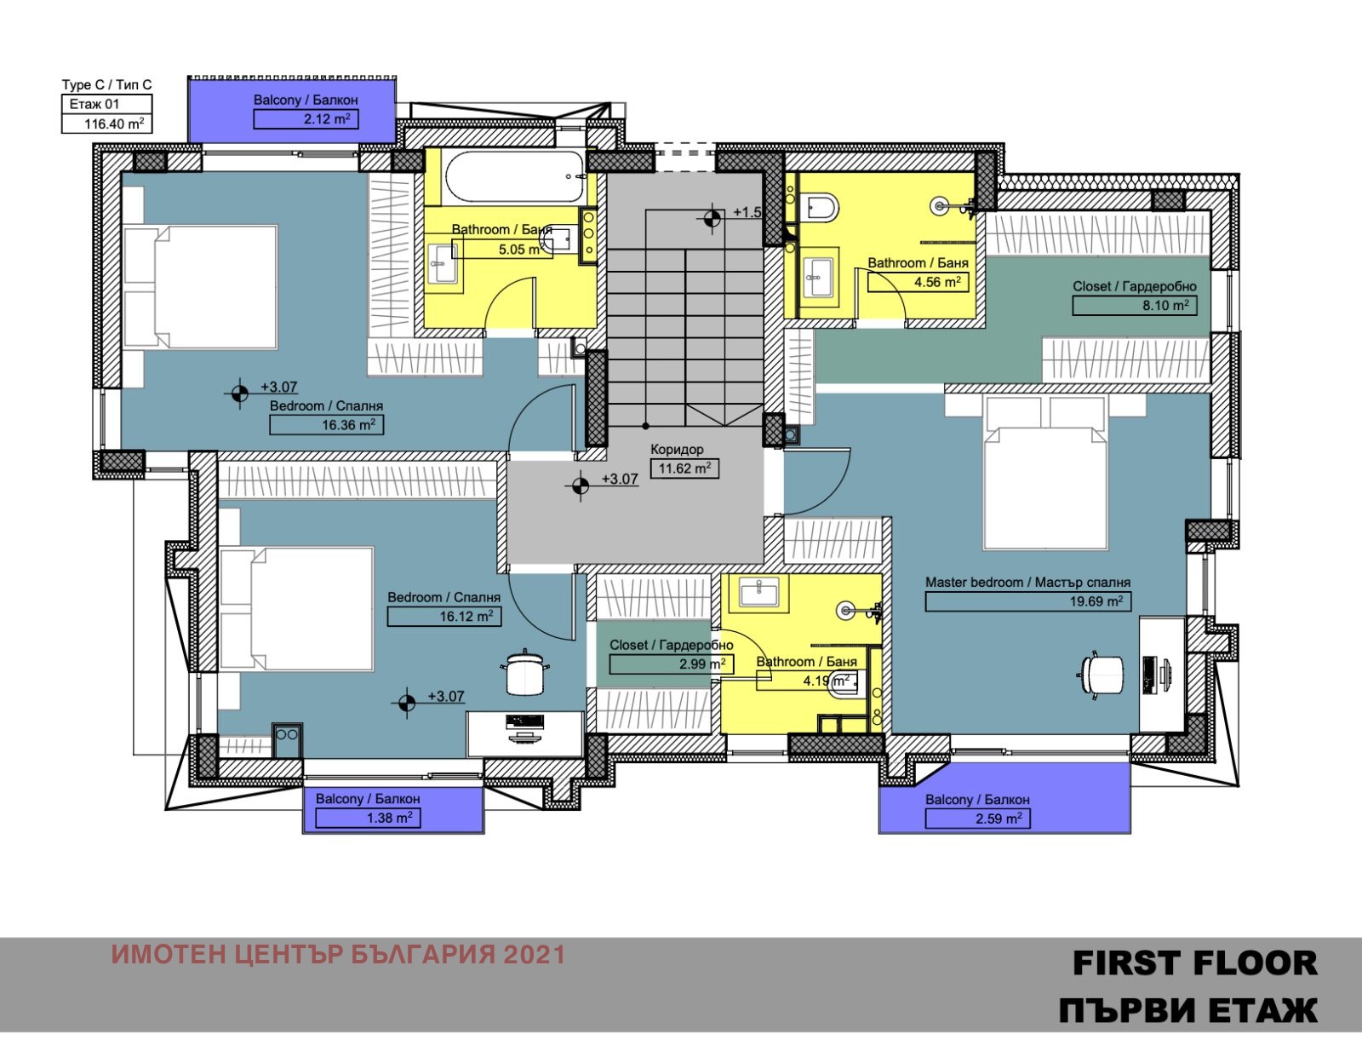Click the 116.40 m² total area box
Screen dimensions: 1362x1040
pyautogui.click(x=106, y=124)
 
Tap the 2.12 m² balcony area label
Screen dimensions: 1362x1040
pyautogui.click(x=306, y=119)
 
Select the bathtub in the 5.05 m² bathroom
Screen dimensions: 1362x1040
pyautogui.click(x=515, y=177)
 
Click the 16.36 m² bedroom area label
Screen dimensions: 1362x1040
pyautogui.click(x=326, y=425)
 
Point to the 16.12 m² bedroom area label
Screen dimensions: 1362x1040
pyautogui.click(x=444, y=617)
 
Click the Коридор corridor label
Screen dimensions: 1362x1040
pyautogui.click(x=677, y=449)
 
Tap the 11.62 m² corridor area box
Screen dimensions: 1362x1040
pyautogui.click(x=684, y=468)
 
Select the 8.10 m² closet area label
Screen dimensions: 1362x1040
pyautogui.click(x=1134, y=306)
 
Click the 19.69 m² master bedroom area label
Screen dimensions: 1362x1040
pyautogui.click(x=1028, y=601)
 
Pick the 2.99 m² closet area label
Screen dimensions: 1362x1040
pyautogui.click(x=672, y=664)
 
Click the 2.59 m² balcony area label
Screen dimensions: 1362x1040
pyautogui.click(x=978, y=819)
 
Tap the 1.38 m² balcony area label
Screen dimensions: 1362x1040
pyautogui.click(x=368, y=818)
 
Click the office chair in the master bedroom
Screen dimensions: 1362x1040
pyautogui.click(x=1102, y=675)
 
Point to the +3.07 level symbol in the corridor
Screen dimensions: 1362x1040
pyautogui.click(x=581, y=486)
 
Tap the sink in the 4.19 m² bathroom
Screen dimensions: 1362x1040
pyautogui.click(x=758, y=590)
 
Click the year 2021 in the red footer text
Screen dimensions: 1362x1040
pyautogui.click(x=535, y=955)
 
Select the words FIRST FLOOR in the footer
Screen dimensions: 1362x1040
pyautogui.click(x=1194, y=963)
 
